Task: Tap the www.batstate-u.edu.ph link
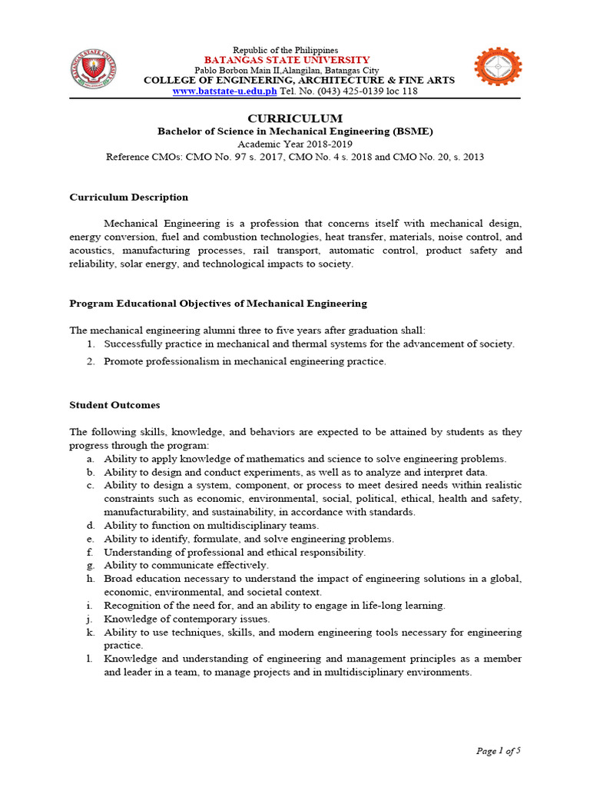[224, 91]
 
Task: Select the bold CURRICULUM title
[295, 118]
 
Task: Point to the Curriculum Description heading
[128, 198]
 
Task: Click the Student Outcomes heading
[114, 405]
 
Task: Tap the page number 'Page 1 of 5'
[499, 751]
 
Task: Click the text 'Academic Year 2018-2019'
[295, 144]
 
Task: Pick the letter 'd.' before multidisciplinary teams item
[91, 526]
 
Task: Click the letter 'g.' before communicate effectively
[91, 566]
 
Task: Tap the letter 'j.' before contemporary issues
[91, 619]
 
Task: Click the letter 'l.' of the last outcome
[91, 659]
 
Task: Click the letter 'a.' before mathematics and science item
[91, 459]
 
